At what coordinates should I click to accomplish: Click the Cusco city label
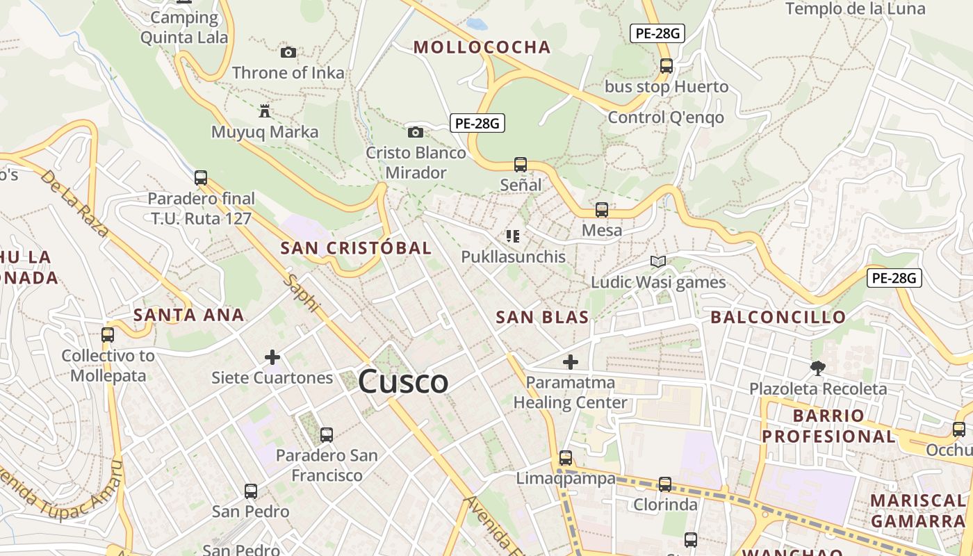pos(403,382)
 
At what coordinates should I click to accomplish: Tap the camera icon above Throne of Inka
pos(288,52)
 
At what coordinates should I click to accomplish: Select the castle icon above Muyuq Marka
pos(265,111)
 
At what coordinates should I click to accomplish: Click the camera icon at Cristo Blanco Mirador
pos(415,132)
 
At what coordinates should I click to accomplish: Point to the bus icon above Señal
pos(521,165)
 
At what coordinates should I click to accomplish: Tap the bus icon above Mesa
pos(602,209)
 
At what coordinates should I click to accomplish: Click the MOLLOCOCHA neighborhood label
pos(482,47)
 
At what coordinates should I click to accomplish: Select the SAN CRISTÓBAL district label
pos(356,248)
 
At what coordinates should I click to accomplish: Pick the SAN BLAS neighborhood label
pos(542,318)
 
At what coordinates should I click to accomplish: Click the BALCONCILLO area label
pos(778,318)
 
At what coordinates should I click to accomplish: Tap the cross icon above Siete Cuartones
pos(272,357)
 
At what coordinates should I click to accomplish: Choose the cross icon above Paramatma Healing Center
pos(571,361)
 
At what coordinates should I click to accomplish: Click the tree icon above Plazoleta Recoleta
pos(817,368)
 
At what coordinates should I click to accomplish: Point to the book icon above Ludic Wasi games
pos(658,261)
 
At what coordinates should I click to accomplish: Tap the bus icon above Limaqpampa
pos(566,458)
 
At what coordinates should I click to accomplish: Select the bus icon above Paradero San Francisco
pos(327,435)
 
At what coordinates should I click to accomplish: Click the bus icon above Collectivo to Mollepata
pos(108,335)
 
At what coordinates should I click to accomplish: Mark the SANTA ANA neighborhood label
pos(188,315)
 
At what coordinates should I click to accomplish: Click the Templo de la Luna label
pos(855,8)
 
